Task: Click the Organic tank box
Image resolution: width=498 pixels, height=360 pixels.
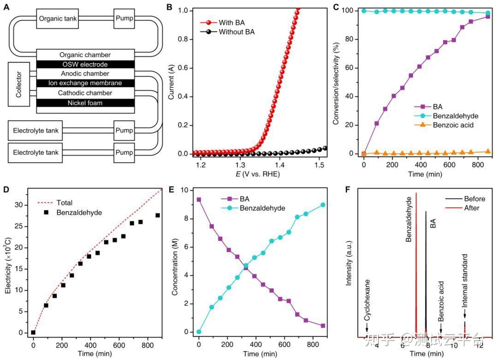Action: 58,19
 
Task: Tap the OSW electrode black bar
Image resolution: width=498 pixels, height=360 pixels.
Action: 85,64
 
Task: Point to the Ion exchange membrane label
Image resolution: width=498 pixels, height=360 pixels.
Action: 85,83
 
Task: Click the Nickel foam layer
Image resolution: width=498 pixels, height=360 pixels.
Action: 85,103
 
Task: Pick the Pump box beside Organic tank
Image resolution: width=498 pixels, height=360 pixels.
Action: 125,19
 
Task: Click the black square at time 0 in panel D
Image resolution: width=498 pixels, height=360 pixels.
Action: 33,332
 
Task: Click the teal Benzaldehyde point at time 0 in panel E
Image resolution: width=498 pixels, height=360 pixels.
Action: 199,332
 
